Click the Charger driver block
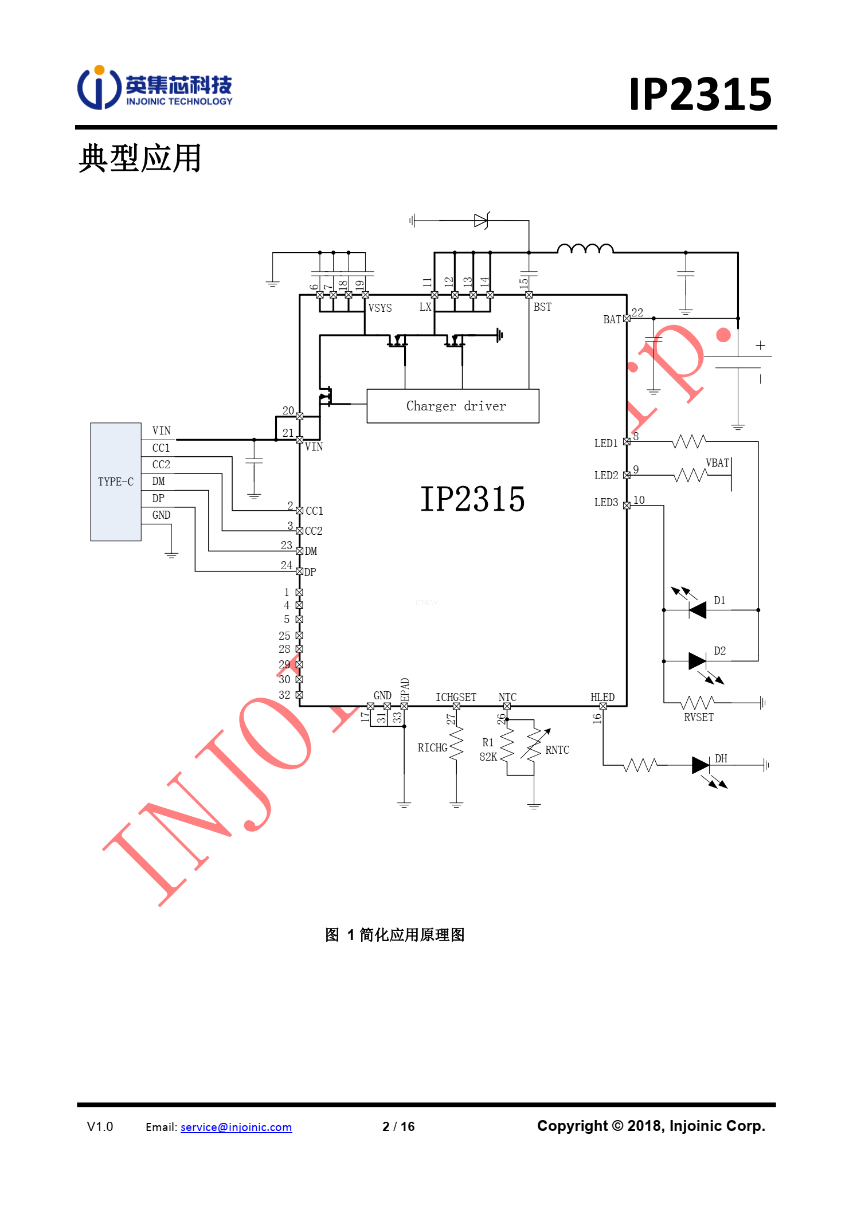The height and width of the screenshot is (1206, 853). tap(453, 406)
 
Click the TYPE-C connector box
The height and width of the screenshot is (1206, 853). tap(116, 481)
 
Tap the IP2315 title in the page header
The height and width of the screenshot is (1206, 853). tap(701, 94)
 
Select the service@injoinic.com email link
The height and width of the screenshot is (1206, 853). tap(236, 1127)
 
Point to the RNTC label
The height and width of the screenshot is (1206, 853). tap(557, 750)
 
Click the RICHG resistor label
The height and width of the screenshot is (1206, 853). tap(432, 747)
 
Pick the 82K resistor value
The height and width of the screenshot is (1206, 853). tap(488, 757)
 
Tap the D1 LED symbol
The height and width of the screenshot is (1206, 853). tap(697, 610)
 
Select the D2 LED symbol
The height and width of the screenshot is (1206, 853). tap(697, 661)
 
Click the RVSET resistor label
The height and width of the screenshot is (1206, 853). tap(699, 717)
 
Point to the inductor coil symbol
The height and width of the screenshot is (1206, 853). tap(585, 248)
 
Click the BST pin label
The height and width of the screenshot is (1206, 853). tap(542, 307)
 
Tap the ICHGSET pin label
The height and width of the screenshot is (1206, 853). tap(456, 697)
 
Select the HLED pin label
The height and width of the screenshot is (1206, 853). tap(602, 697)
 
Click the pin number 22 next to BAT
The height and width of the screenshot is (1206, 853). tap(637, 312)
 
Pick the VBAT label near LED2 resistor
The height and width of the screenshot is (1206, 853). tap(717, 463)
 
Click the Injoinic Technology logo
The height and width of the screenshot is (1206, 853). tap(155, 88)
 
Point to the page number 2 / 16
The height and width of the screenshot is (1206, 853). tap(398, 1126)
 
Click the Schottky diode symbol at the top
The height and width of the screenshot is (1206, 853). tap(481, 220)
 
